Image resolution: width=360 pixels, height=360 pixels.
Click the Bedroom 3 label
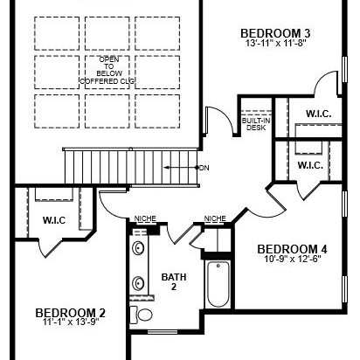(275, 33)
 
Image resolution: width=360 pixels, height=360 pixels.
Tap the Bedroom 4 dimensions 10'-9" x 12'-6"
(293, 259)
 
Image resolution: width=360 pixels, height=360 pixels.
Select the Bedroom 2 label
(70, 313)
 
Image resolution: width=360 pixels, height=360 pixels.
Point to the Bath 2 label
(174, 281)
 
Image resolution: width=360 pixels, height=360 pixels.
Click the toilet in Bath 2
(142, 315)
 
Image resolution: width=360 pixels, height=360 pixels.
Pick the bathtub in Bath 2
(218, 284)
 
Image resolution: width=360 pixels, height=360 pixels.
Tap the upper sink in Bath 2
(138, 248)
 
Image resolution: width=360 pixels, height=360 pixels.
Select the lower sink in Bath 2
(138, 283)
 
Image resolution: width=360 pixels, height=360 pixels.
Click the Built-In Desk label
(256, 124)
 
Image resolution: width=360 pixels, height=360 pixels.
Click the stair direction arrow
(181, 168)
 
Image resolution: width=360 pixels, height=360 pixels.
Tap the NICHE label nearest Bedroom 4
(215, 218)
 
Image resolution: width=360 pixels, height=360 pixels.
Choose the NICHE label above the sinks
(145, 218)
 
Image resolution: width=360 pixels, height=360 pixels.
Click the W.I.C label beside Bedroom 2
(54, 220)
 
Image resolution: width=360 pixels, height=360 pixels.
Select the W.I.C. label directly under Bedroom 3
(318, 114)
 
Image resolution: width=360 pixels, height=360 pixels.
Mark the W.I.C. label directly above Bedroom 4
(310, 165)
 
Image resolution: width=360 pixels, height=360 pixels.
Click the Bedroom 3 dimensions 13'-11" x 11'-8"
(275, 44)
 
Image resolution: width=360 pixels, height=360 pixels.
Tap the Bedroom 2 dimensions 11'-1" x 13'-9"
(71, 322)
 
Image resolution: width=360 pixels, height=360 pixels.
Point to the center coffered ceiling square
(107, 72)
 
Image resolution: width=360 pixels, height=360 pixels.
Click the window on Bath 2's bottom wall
(163, 331)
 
